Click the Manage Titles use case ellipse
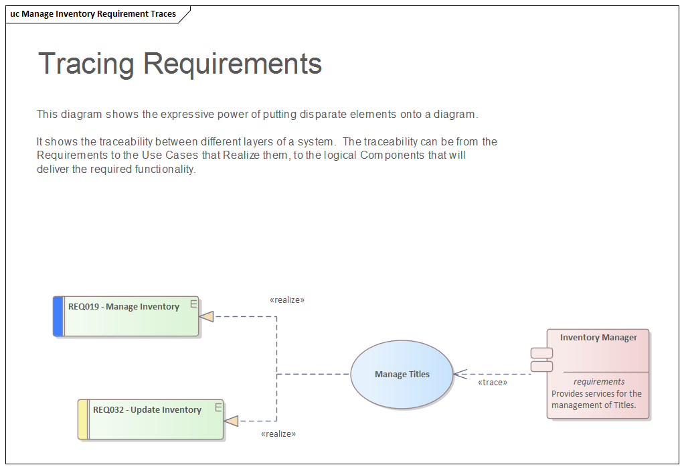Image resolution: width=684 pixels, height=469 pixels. (402, 375)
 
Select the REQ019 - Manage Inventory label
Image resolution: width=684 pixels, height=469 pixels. (124, 307)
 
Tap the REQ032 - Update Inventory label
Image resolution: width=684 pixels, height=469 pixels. (147, 410)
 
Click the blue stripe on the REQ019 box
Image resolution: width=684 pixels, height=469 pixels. (58, 316)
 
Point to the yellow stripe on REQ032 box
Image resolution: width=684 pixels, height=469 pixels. (83, 419)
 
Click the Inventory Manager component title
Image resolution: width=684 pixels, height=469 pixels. (598, 338)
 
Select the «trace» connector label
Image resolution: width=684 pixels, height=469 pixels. (492, 383)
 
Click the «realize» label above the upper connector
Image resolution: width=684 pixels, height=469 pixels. (287, 300)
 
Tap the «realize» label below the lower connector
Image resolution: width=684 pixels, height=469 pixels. (278, 434)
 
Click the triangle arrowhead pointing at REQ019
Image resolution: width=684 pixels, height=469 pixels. (207, 316)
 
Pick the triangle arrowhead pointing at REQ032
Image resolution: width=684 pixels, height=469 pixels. (232, 421)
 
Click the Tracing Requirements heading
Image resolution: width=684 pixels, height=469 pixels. (180, 64)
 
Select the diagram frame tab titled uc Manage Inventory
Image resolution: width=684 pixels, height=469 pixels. (94, 14)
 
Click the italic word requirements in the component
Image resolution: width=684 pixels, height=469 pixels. (599, 382)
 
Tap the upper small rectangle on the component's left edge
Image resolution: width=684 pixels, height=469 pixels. (541, 353)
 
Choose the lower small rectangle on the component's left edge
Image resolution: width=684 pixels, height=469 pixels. (541, 366)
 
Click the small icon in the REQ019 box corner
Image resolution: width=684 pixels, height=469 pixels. (193, 304)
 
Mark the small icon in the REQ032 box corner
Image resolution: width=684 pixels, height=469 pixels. (218, 407)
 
